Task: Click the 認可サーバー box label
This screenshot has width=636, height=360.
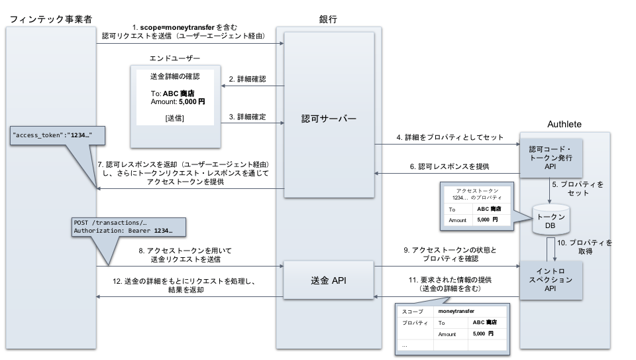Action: click(329, 119)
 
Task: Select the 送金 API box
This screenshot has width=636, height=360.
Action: click(328, 280)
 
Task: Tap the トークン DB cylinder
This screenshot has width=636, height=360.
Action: click(551, 219)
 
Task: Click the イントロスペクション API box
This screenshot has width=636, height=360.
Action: click(551, 280)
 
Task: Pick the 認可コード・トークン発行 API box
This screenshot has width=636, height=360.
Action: click(551, 158)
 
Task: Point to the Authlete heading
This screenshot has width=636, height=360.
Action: click(564, 124)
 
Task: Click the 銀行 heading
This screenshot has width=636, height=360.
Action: click(328, 19)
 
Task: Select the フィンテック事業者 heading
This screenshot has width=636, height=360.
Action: click(51, 19)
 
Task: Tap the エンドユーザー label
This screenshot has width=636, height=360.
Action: click(175, 58)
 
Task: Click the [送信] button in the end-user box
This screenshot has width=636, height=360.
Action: click(175, 118)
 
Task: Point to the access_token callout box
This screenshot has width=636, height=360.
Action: click(58, 135)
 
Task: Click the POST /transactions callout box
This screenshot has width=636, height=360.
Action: click(129, 227)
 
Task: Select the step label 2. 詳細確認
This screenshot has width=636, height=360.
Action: click(247, 79)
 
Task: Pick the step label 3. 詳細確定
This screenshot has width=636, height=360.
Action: click(247, 117)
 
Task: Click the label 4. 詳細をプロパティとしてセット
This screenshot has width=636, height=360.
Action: click(450, 138)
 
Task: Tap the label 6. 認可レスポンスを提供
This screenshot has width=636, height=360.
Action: click(449, 166)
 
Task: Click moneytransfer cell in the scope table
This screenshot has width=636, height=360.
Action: click(456, 312)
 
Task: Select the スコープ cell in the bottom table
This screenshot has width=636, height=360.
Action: click(413, 312)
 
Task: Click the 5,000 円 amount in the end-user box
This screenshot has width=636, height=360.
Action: click(192, 102)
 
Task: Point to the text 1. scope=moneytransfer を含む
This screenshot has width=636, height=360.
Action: click(185, 27)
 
